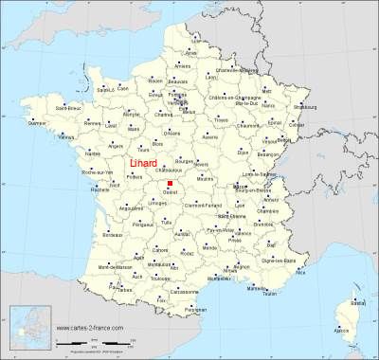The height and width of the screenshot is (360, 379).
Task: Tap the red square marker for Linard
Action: (x=171, y=183)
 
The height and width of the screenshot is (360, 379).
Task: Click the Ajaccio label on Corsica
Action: (x=341, y=330)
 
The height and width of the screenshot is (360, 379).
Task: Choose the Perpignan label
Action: (x=196, y=310)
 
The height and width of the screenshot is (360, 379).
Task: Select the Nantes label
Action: (x=92, y=153)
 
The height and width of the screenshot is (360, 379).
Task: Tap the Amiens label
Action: (x=182, y=65)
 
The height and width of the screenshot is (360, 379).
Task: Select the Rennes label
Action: (x=92, y=123)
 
